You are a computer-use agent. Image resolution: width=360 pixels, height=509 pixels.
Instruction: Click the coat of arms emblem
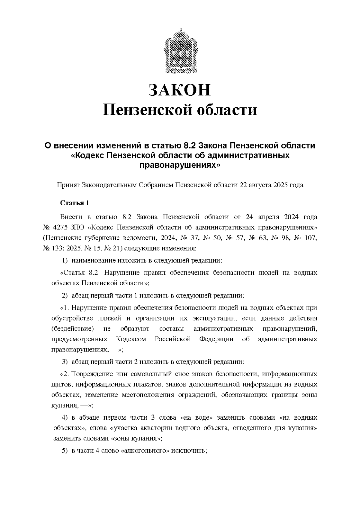[180, 51]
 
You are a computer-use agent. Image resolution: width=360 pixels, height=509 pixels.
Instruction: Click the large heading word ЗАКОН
[180, 90]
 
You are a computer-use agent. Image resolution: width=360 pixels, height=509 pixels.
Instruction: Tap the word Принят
[68, 185]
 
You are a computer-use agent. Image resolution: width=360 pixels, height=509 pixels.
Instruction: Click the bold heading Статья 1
[75, 203]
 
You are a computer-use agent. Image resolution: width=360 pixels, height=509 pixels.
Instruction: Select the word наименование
[92, 260]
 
